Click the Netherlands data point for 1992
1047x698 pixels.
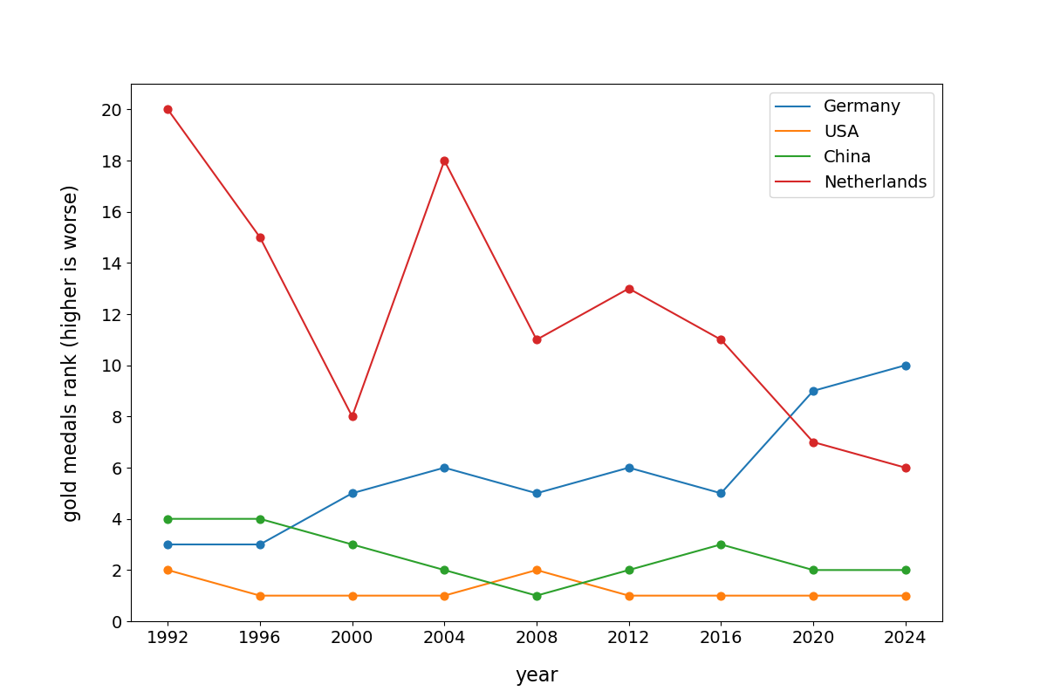(x=168, y=109)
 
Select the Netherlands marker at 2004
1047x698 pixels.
(x=444, y=161)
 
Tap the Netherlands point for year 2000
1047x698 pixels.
(x=352, y=416)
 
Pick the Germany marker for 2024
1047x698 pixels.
(x=906, y=366)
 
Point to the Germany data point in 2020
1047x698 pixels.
(x=813, y=391)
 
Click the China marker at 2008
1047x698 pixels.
(x=537, y=596)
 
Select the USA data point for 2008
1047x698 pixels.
(x=537, y=570)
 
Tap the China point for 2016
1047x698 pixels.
(x=721, y=544)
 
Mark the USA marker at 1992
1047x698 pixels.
(x=168, y=570)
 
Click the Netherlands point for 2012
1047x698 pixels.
(x=629, y=289)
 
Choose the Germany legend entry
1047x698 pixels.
(x=861, y=106)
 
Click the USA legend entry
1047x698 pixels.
(x=841, y=132)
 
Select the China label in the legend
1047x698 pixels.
(x=847, y=157)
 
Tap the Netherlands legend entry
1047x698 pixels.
(x=874, y=182)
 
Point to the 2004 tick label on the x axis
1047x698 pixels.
(x=444, y=638)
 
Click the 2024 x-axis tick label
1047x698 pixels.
(x=906, y=638)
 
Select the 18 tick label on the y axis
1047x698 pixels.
(x=111, y=161)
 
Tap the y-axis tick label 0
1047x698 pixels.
(x=116, y=621)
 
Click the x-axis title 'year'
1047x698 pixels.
(x=537, y=675)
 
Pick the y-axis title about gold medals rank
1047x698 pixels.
(x=71, y=352)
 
